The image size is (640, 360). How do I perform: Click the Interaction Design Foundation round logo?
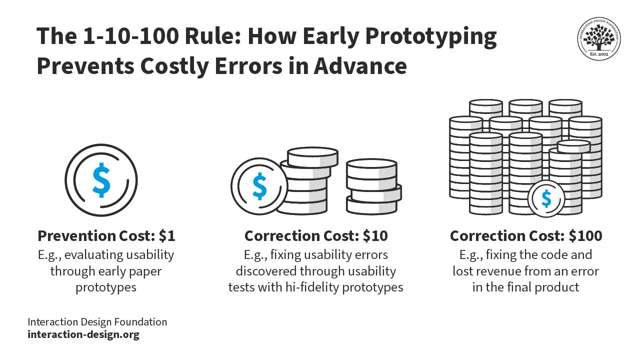[599, 38]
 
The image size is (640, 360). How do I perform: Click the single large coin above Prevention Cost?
[101, 180]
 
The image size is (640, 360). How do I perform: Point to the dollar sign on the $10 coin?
[259, 185]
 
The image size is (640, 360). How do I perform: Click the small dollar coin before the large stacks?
[546, 198]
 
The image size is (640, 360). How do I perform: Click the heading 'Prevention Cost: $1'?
[106, 235]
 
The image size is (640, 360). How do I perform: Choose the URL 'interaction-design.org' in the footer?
[83, 334]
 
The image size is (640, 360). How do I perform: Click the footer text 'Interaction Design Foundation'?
[97, 322]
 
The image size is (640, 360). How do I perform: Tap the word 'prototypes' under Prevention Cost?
[106, 287]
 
